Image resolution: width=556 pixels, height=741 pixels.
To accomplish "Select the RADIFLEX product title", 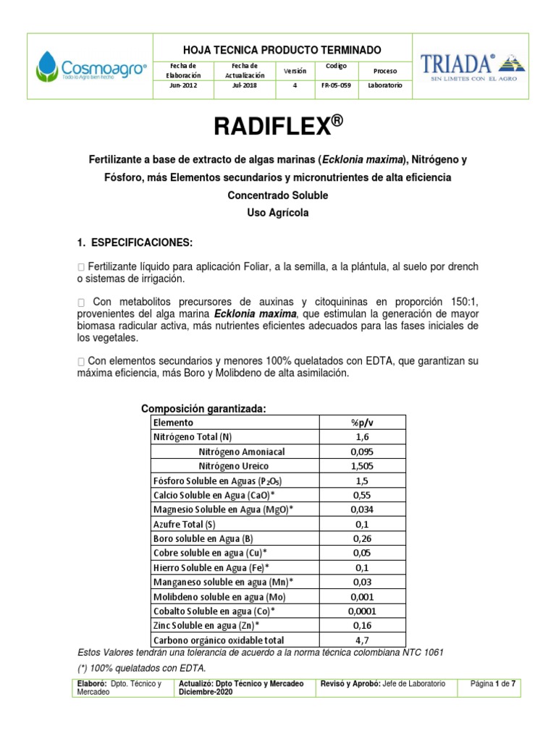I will [x=277, y=127].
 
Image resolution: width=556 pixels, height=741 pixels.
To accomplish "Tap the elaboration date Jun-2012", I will [x=182, y=85].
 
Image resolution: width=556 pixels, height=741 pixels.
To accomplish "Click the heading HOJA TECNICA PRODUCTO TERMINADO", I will [x=282, y=49].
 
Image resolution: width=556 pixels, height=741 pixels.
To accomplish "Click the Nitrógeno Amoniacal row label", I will [x=242, y=452].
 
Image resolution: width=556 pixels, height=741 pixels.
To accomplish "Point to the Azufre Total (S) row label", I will [x=185, y=524].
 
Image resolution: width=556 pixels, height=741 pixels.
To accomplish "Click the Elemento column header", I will [x=173, y=423].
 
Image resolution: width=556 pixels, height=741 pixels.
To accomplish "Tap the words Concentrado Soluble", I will [x=277, y=195].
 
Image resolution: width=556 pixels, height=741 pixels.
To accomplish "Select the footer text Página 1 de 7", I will [x=492, y=684].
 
